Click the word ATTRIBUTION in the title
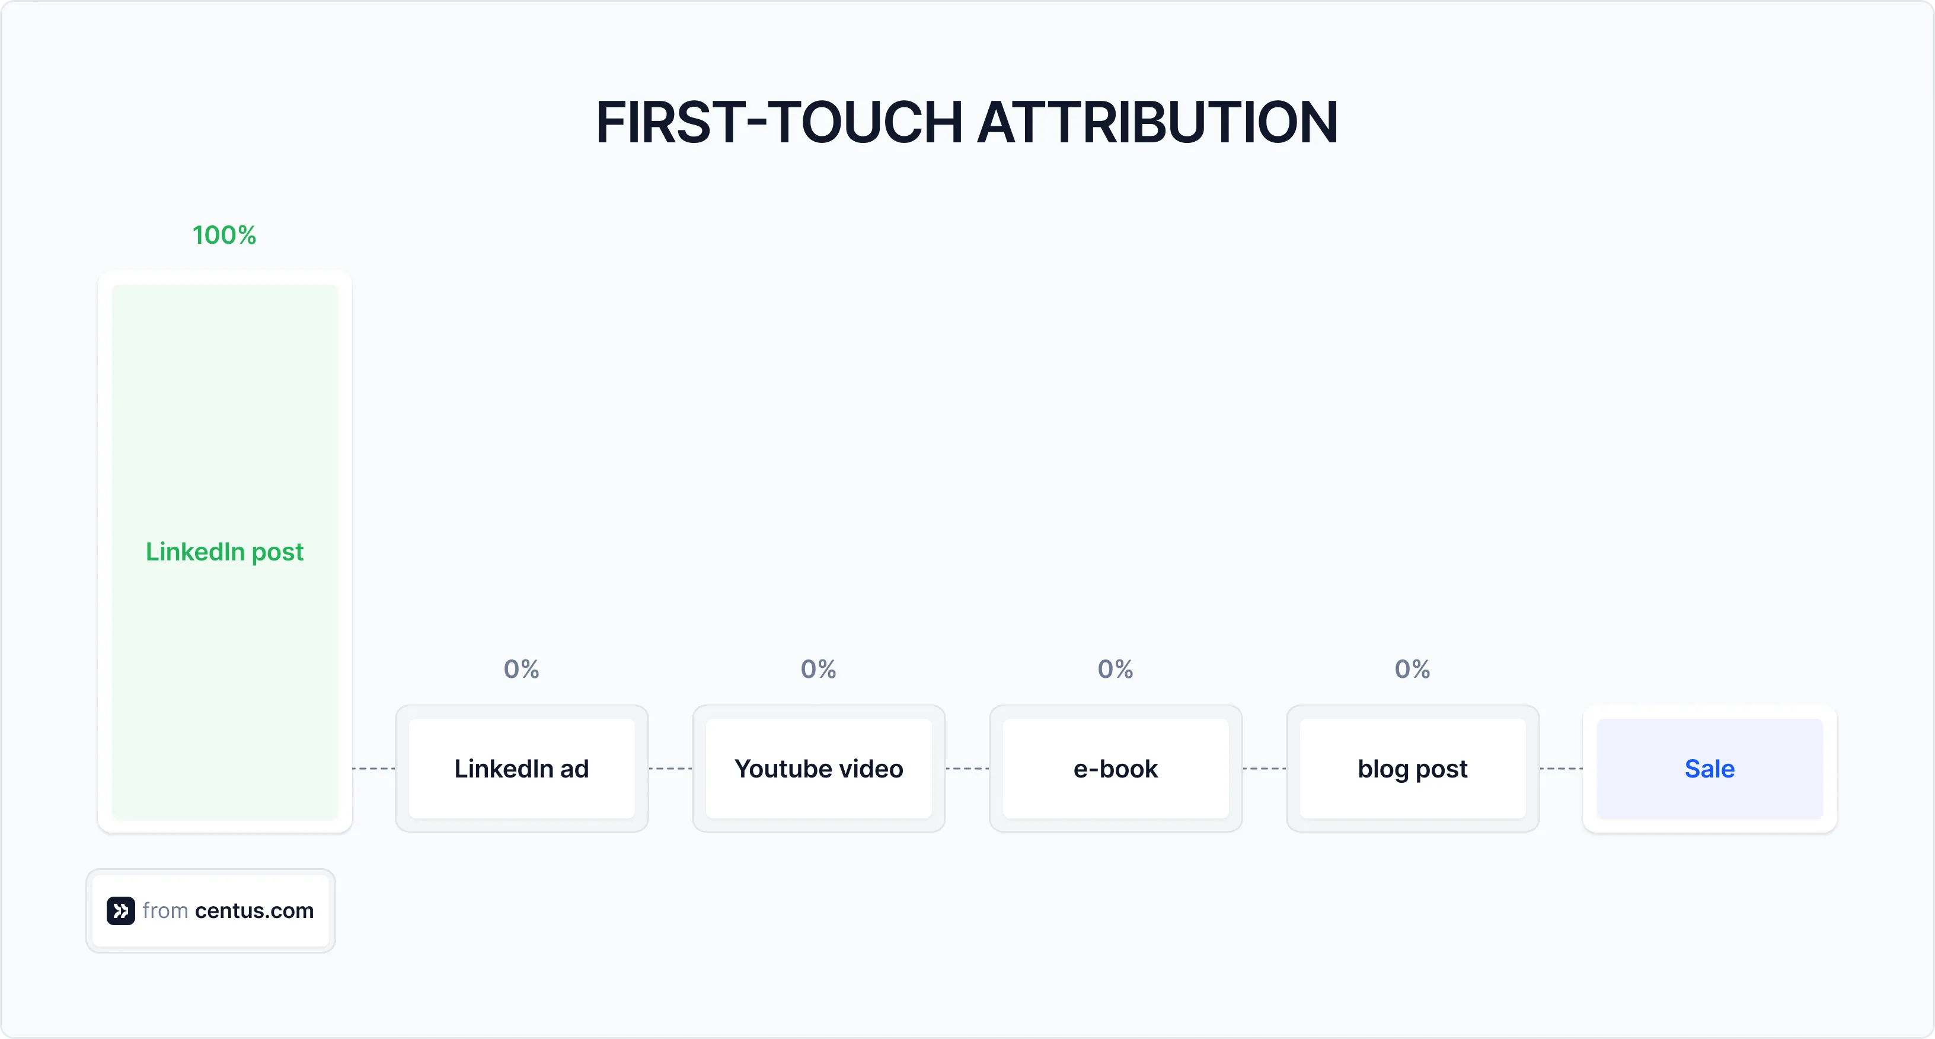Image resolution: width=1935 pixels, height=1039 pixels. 1157,122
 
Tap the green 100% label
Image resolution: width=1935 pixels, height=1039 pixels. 224,235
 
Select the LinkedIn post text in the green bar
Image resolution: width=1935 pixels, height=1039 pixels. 224,552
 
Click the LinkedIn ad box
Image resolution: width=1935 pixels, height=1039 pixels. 521,769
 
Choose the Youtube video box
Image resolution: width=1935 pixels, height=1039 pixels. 818,769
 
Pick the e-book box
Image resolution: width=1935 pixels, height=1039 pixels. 1116,769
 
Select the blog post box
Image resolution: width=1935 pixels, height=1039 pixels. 1412,769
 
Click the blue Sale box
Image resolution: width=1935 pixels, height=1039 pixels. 1709,769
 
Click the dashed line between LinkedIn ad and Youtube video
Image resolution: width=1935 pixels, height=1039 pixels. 670,769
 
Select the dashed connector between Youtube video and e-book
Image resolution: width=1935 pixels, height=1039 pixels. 967,769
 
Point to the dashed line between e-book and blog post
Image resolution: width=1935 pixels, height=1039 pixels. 1264,769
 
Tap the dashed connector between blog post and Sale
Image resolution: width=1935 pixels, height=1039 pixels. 1561,769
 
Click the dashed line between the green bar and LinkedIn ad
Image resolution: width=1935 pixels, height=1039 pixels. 373,769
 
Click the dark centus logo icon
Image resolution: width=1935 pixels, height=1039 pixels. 120,910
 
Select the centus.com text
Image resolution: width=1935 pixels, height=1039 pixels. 254,910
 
